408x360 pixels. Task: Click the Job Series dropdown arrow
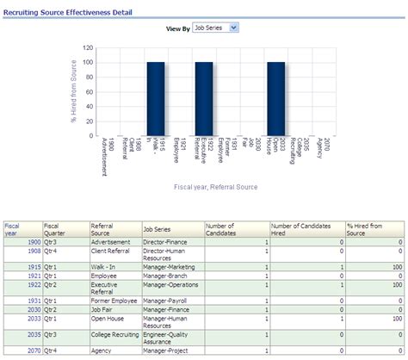click(234, 28)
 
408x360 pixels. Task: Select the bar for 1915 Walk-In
click(156, 99)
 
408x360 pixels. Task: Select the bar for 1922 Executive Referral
click(204, 99)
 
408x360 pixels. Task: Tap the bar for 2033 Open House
click(275, 99)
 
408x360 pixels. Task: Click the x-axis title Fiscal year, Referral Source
click(214, 186)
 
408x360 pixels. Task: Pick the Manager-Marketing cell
click(170, 268)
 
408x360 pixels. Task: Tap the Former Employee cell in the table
click(114, 299)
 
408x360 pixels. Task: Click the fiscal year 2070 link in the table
click(34, 350)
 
